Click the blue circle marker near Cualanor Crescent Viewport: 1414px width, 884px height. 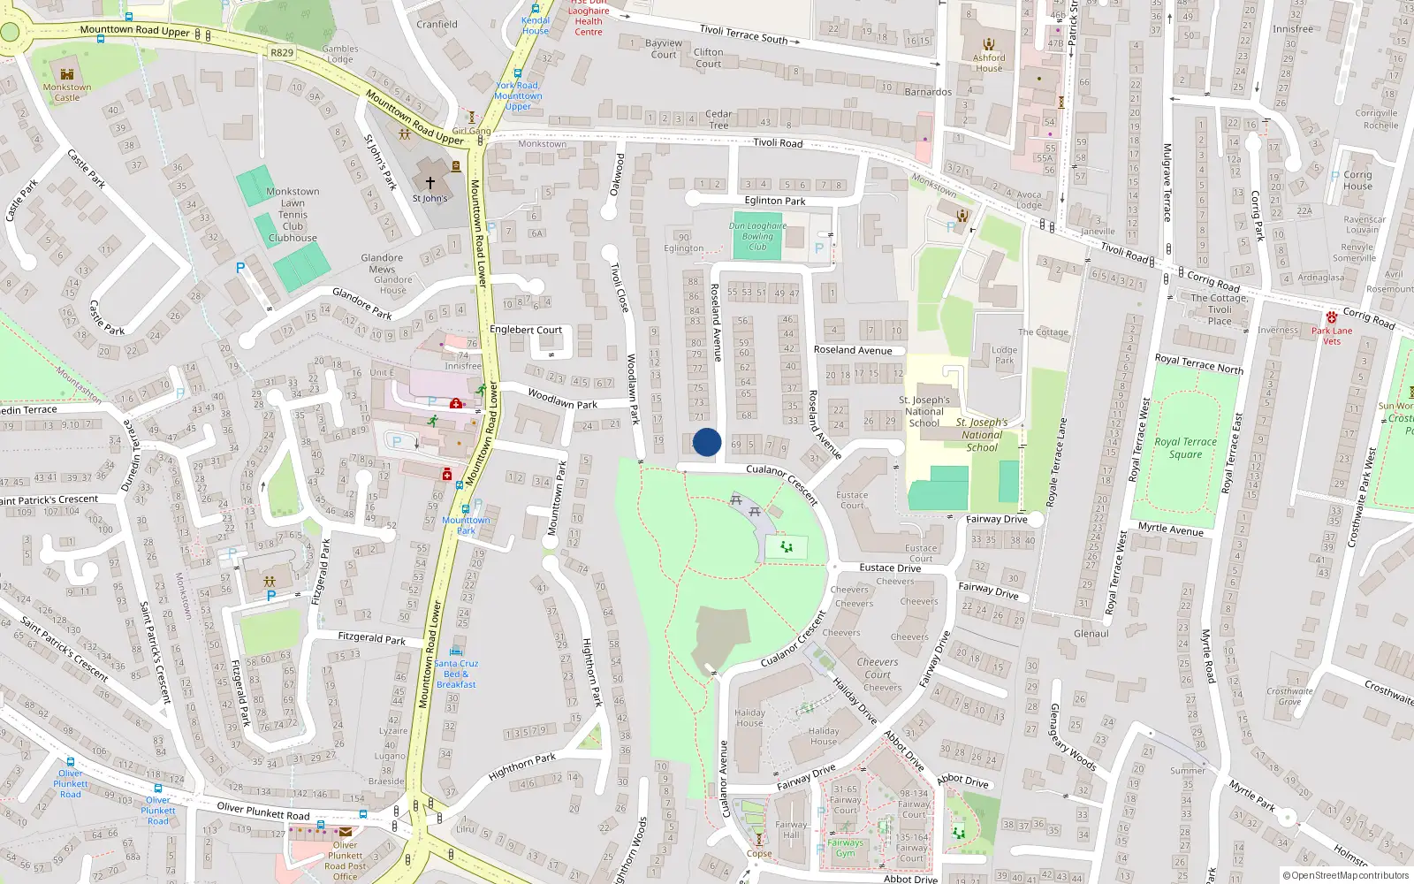[x=707, y=442]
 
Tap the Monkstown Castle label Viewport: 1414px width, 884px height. [x=67, y=92]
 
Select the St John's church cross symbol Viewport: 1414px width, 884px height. [x=430, y=183]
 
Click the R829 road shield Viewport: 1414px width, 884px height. [x=282, y=53]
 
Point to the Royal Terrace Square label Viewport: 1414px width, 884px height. [x=1185, y=448]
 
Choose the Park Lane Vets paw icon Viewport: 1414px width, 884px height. [x=1332, y=317]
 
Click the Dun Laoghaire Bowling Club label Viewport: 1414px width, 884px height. [x=757, y=236]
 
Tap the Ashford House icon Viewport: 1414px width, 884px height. [x=989, y=44]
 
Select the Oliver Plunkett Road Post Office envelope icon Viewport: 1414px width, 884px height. [x=346, y=832]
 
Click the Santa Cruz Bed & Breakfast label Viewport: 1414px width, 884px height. [x=456, y=674]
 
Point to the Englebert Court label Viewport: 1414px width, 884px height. [x=526, y=330]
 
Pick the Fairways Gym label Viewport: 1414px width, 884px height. [x=846, y=848]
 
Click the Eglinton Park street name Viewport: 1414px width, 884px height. [x=775, y=201]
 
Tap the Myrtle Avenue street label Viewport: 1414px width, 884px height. [x=1171, y=529]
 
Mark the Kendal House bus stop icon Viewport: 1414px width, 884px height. [x=536, y=10]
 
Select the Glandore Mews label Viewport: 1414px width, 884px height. [x=382, y=263]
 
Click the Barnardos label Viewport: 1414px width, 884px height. [x=928, y=92]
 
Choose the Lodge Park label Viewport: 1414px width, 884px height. [x=1005, y=355]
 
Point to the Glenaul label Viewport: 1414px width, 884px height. [x=1091, y=634]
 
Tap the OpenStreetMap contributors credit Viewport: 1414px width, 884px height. [x=1346, y=876]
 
